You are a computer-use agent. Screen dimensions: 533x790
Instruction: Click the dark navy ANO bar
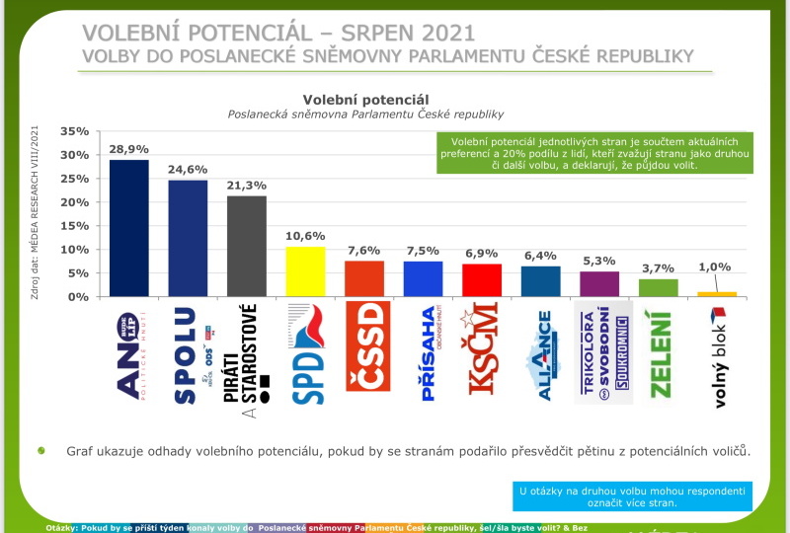(x=128, y=228)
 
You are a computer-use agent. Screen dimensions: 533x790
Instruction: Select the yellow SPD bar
(x=305, y=271)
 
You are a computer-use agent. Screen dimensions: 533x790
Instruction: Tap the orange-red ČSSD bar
(x=364, y=278)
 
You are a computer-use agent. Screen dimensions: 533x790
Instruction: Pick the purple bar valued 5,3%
(x=599, y=284)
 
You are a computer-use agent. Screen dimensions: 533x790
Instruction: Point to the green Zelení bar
(x=659, y=287)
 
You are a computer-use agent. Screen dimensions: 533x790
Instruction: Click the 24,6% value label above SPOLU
(x=188, y=169)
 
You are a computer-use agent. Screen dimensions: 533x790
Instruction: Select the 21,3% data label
(x=247, y=185)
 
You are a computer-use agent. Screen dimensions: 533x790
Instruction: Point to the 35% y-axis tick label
(x=75, y=131)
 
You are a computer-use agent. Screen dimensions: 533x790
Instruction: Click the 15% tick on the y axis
(x=75, y=226)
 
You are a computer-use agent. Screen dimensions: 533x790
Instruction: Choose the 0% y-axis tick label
(x=79, y=297)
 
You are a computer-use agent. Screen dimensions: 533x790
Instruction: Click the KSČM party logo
(x=482, y=352)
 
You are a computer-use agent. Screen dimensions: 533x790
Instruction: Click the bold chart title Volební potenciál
(x=365, y=100)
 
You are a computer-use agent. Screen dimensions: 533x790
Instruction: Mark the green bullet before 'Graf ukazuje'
(x=41, y=450)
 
